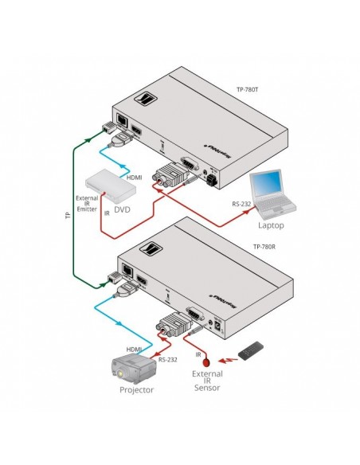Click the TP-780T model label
[249, 90]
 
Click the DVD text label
[123, 211]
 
